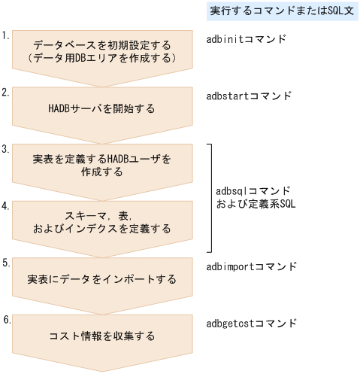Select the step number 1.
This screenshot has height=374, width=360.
click(x=5, y=35)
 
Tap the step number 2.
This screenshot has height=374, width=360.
click(x=5, y=92)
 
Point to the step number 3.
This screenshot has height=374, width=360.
click(x=5, y=149)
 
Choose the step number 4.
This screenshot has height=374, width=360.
click(x=5, y=205)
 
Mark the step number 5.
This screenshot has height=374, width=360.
click(x=5, y=263)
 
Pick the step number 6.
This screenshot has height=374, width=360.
click(x=5, y=319)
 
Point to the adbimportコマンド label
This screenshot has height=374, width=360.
click(x=251, y=266)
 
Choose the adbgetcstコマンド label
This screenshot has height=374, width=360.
click(x=251, y=323)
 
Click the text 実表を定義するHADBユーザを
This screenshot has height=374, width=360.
click(x=102, y=160)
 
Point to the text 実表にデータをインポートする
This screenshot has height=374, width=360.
click(x=102, y=279)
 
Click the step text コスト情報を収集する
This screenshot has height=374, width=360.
click(x=102, y=336)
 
